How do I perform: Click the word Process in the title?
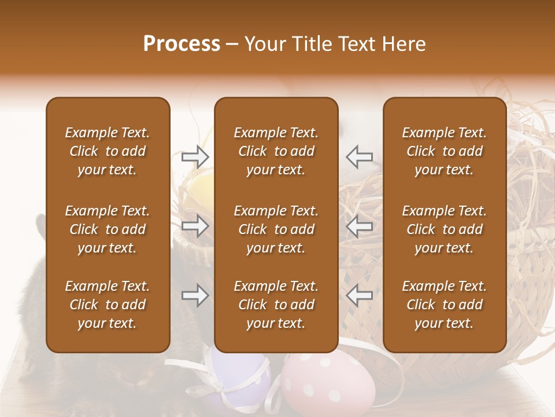182,44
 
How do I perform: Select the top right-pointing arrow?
195,156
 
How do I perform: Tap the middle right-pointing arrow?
195,226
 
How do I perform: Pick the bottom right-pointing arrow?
195,295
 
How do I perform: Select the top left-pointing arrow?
360,156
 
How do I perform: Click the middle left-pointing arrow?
360,226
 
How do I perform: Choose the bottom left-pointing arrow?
360,295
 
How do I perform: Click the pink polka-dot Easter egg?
327,382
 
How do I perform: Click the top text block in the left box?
108,151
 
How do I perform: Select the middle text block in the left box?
108,229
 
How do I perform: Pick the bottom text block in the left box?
108,305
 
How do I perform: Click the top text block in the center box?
276,151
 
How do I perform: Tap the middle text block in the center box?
276,229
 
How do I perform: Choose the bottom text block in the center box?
276,305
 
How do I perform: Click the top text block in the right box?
444,151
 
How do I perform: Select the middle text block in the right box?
444,229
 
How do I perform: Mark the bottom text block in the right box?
444,305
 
